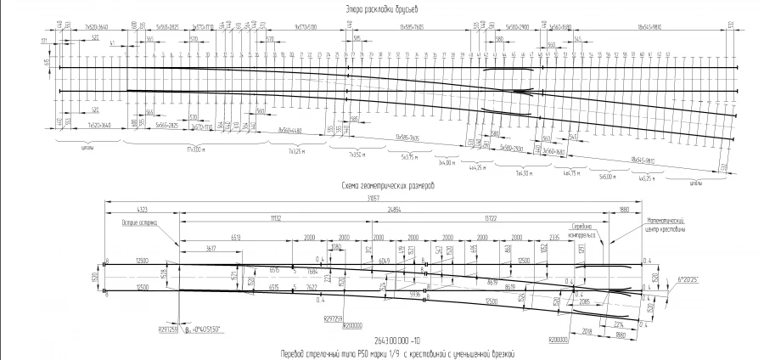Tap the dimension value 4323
click(141, 209)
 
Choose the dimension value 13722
click(492, 218)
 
